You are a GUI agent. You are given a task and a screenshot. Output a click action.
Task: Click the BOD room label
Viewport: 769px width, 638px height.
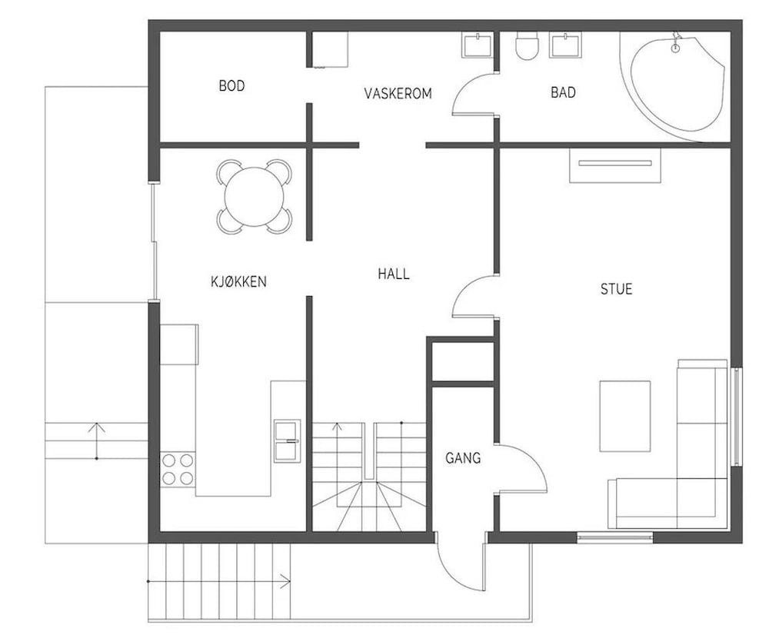(x=231, y=86)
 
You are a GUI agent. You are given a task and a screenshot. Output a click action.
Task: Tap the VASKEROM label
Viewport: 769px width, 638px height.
(x=398, y=94)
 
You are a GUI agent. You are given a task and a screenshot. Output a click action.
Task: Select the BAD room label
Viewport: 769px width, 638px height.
(x=563, y=93)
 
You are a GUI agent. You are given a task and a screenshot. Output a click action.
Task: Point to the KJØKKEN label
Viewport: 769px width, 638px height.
(x=238, y=281)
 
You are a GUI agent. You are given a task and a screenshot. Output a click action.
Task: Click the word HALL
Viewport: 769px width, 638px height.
(x=393, y=274)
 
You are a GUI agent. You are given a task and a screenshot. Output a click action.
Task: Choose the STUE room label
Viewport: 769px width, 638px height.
(x=616, y=289)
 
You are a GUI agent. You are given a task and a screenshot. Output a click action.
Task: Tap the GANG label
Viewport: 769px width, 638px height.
(x=463, y=458)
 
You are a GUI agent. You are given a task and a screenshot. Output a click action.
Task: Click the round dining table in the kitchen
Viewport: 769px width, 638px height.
(x=255, y=196)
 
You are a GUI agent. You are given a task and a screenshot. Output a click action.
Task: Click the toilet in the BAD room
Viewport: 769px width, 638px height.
(x=528, y=46)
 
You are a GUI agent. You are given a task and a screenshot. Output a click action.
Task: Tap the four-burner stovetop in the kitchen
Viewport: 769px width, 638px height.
(x=177, y=469)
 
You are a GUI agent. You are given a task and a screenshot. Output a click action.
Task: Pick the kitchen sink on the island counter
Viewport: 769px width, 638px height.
(x=288, y=440)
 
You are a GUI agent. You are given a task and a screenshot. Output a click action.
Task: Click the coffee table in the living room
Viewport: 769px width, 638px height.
(x=624, y=416)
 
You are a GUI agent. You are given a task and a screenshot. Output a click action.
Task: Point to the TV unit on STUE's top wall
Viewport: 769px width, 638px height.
(x=615, y=164)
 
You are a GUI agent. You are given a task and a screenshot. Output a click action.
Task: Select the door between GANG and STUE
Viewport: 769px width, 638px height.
(x=521, y=468)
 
